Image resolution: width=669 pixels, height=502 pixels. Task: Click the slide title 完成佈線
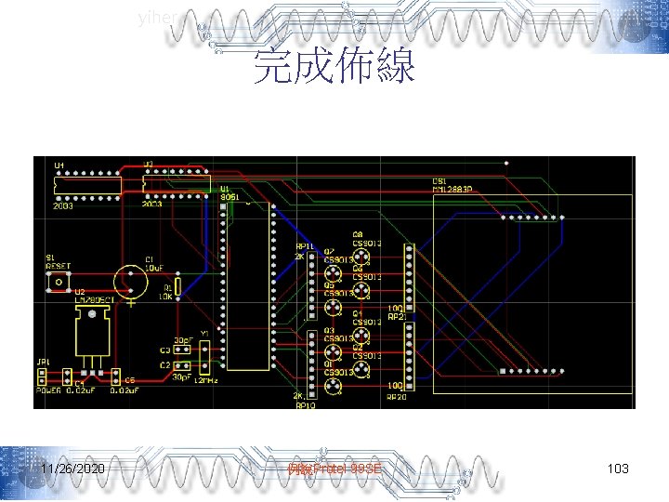[334, 67]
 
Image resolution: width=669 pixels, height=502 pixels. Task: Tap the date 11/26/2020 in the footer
[72, 469]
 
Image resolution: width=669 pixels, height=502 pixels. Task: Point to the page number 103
[617, 469]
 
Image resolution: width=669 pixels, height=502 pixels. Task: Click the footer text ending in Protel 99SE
[334, 469]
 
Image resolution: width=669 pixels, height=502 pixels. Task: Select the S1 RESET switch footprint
[59, 279]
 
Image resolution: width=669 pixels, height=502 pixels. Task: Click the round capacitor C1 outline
[132, 282]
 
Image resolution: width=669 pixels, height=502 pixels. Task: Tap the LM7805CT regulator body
[93, 333]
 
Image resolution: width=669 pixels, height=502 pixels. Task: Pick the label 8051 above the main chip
[229, 196]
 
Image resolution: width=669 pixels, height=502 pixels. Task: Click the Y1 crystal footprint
[205, 352]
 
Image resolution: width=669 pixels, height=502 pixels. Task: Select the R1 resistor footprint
[177, 285]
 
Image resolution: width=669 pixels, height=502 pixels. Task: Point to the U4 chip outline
[89, 186]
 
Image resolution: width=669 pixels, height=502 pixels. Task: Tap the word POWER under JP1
[48, 391]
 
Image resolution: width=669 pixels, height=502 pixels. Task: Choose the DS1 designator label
[439, 181]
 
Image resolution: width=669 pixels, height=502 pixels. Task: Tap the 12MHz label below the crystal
[208, 379]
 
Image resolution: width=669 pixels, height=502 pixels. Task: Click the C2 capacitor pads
[182, 364]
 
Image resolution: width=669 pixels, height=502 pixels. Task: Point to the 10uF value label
[152, 268]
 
